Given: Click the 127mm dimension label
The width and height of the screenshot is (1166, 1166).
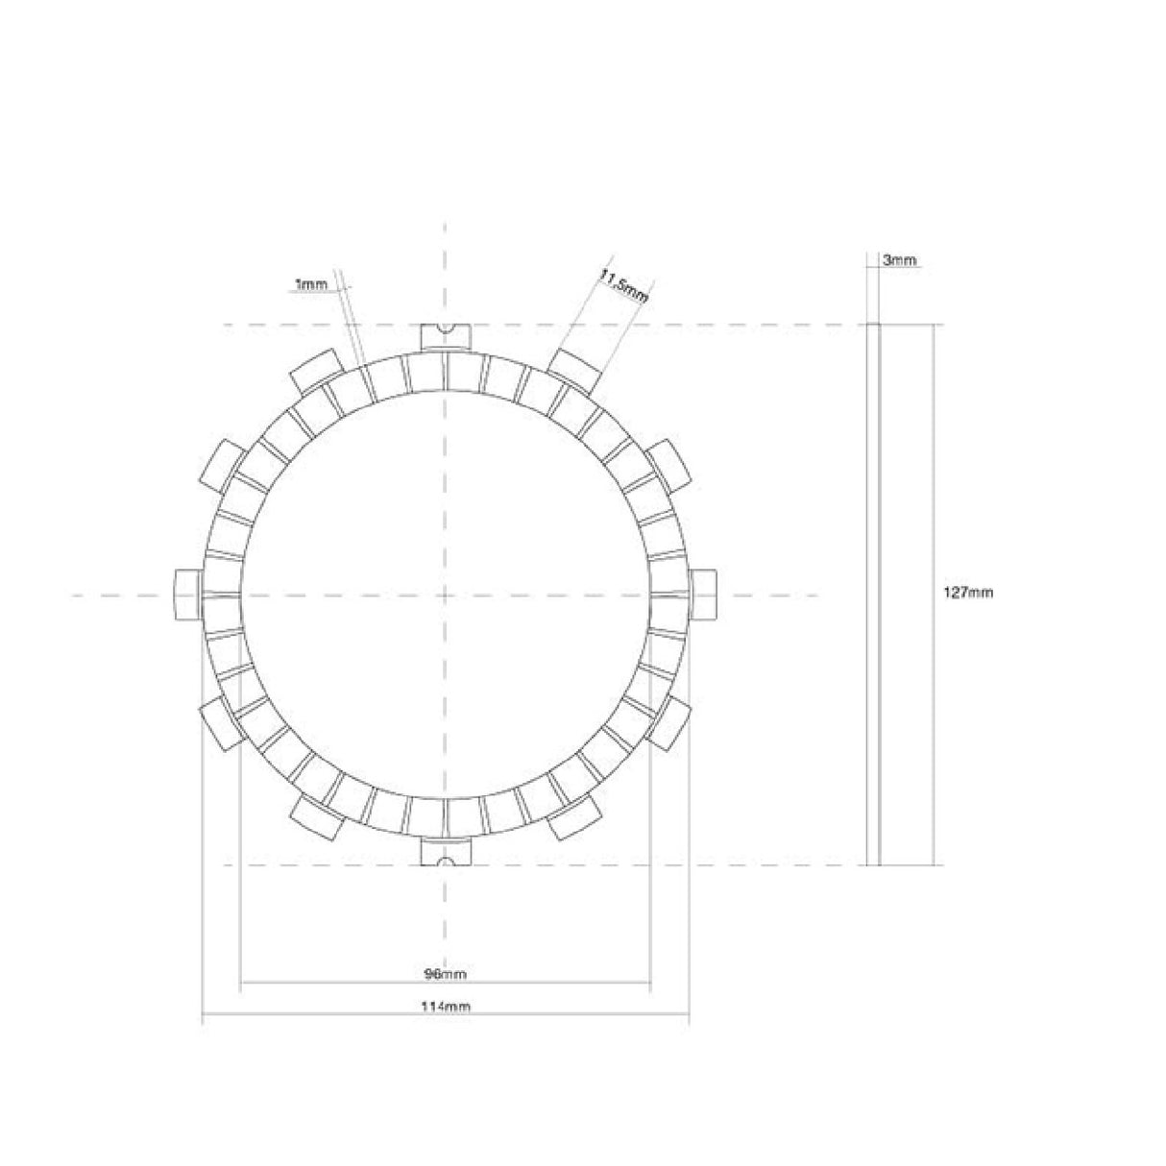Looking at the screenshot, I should (x=967, y=593).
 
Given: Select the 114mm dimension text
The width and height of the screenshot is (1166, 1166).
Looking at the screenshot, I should (x=446, y=1007).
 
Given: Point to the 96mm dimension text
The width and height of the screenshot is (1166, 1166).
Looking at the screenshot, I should (x=446, y=974).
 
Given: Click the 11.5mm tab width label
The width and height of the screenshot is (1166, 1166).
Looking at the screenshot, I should (x=622, y=286).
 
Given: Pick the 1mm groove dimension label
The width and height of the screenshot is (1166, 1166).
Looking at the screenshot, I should (x=311, y=284).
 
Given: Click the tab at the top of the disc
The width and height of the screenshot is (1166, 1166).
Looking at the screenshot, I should (x=445, y=336).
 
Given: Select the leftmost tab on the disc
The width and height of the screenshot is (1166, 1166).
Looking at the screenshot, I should (x=188, y=593).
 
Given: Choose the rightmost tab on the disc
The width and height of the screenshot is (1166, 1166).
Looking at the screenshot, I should (x=702, y=593).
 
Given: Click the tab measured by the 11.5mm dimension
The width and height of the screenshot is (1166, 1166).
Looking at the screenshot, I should (x=574, y=370).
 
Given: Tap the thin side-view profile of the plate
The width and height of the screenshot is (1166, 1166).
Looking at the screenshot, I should (x=873, y=593).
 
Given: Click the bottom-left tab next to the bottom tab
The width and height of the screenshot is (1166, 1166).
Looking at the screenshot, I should (x=317, y=816).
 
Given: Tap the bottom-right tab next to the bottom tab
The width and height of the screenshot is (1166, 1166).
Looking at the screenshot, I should (x=574, y=816).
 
